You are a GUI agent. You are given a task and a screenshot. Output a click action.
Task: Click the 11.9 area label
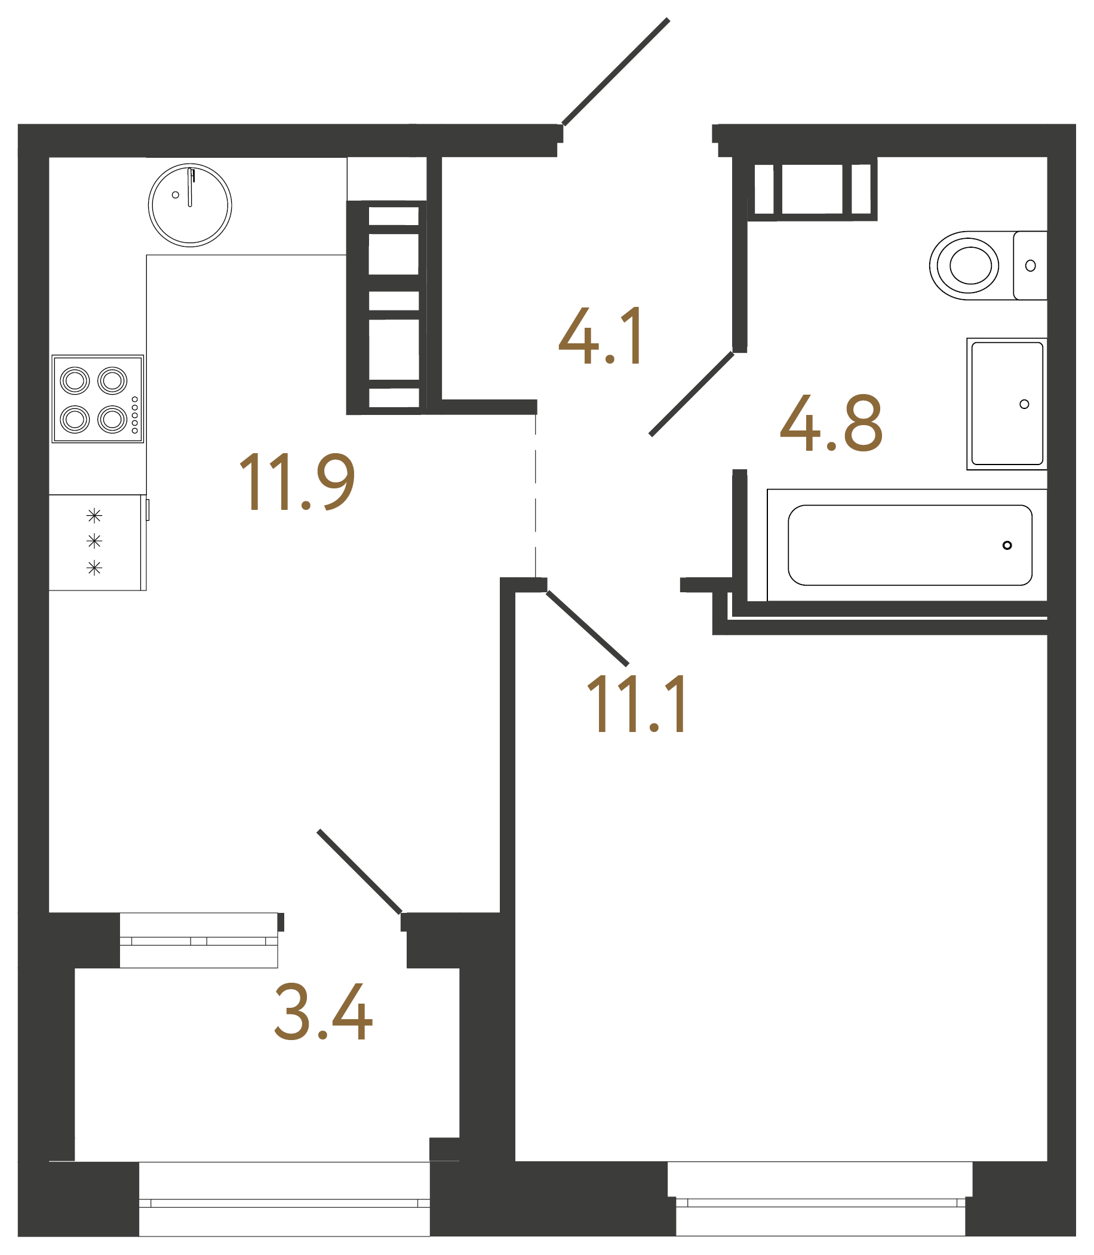coord(297,482)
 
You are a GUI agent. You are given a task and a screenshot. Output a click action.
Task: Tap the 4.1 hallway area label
coord(601,336)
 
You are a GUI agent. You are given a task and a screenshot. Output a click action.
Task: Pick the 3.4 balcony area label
coord(323,1011)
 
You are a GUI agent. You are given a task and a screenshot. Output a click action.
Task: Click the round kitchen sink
coord(190,205)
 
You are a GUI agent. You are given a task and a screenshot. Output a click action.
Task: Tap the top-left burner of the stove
coord(75,381)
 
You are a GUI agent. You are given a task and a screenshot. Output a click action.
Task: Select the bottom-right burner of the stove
coord(112,419)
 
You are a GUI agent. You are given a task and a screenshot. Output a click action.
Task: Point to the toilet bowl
coord(968,266)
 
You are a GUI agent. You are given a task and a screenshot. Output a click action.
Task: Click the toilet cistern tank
coord(1031,266)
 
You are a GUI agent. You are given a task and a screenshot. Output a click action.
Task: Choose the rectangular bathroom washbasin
coord(1007,404)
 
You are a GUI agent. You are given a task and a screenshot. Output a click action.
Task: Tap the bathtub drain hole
coord(1007,545)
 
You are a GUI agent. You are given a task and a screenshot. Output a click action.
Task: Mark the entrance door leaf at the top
coord(615,72)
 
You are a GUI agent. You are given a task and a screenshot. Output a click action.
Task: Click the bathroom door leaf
coord(692,393)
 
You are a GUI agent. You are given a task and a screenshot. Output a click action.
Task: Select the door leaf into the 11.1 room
coord(587,628)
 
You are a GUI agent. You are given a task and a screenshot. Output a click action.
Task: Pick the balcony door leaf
coord(359,871)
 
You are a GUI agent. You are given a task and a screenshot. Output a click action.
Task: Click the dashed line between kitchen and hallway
coord(536,494)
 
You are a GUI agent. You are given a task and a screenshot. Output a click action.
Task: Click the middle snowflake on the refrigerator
coord(94,541)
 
